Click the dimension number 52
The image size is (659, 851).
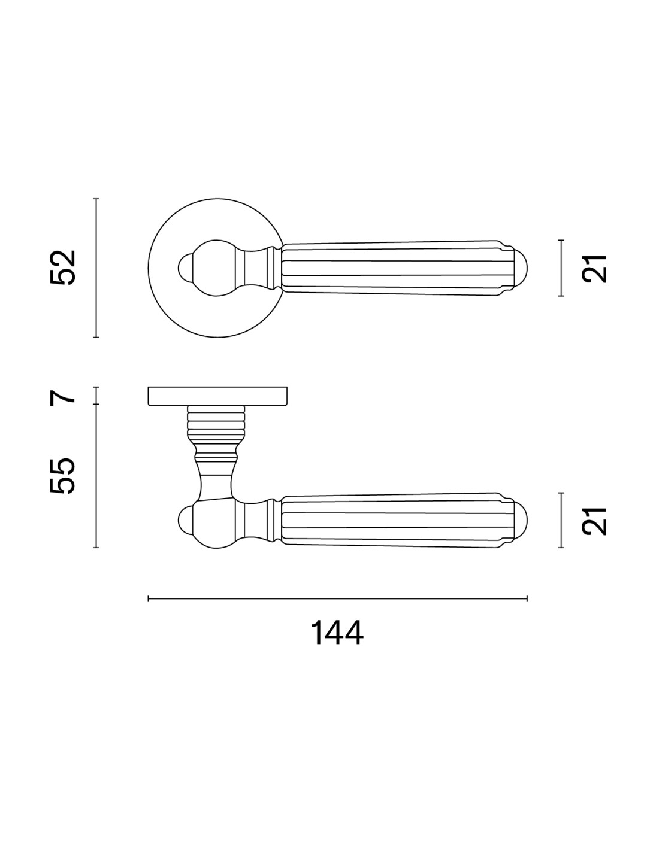[x=63, y=268]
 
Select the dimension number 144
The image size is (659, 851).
[x=337, y=633]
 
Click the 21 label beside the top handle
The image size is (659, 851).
[x=594, y=268]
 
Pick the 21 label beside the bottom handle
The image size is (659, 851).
[x=594, y=521]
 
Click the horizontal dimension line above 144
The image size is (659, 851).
[x=337, y=598]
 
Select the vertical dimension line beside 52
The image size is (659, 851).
[x=96, y=268]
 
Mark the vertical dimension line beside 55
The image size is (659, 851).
[x=96, y=476]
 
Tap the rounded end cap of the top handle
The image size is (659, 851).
[x=520, y=268]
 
